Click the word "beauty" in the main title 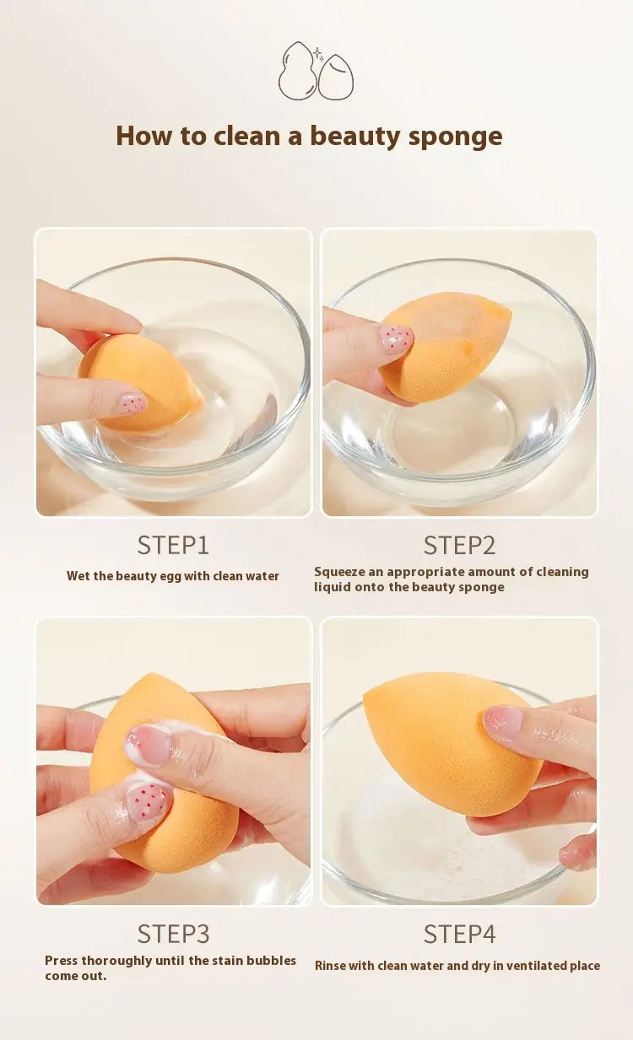[354, 137]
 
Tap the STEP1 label [173, 545]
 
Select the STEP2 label [459, 545]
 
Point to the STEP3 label [173, 934]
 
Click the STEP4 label [459, 934]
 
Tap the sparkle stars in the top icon [318, 54]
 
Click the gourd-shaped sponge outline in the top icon [298, 70]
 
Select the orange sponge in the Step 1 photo [142, 381]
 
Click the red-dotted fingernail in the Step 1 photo [133, 404]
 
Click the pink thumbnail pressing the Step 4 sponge [502, 723]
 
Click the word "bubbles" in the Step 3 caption [271, 960]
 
